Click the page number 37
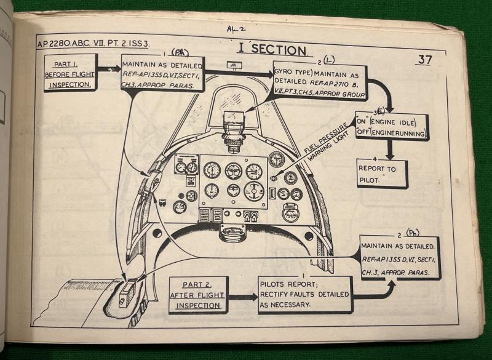(x=425, y=60)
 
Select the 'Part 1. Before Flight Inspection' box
(x=69, y=72)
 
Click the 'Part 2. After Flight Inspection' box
(x=198, y=294)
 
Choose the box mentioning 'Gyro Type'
(x=320, y=83)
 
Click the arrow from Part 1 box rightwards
(x=108, y=70)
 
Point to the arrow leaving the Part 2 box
(x=242, y=296)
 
